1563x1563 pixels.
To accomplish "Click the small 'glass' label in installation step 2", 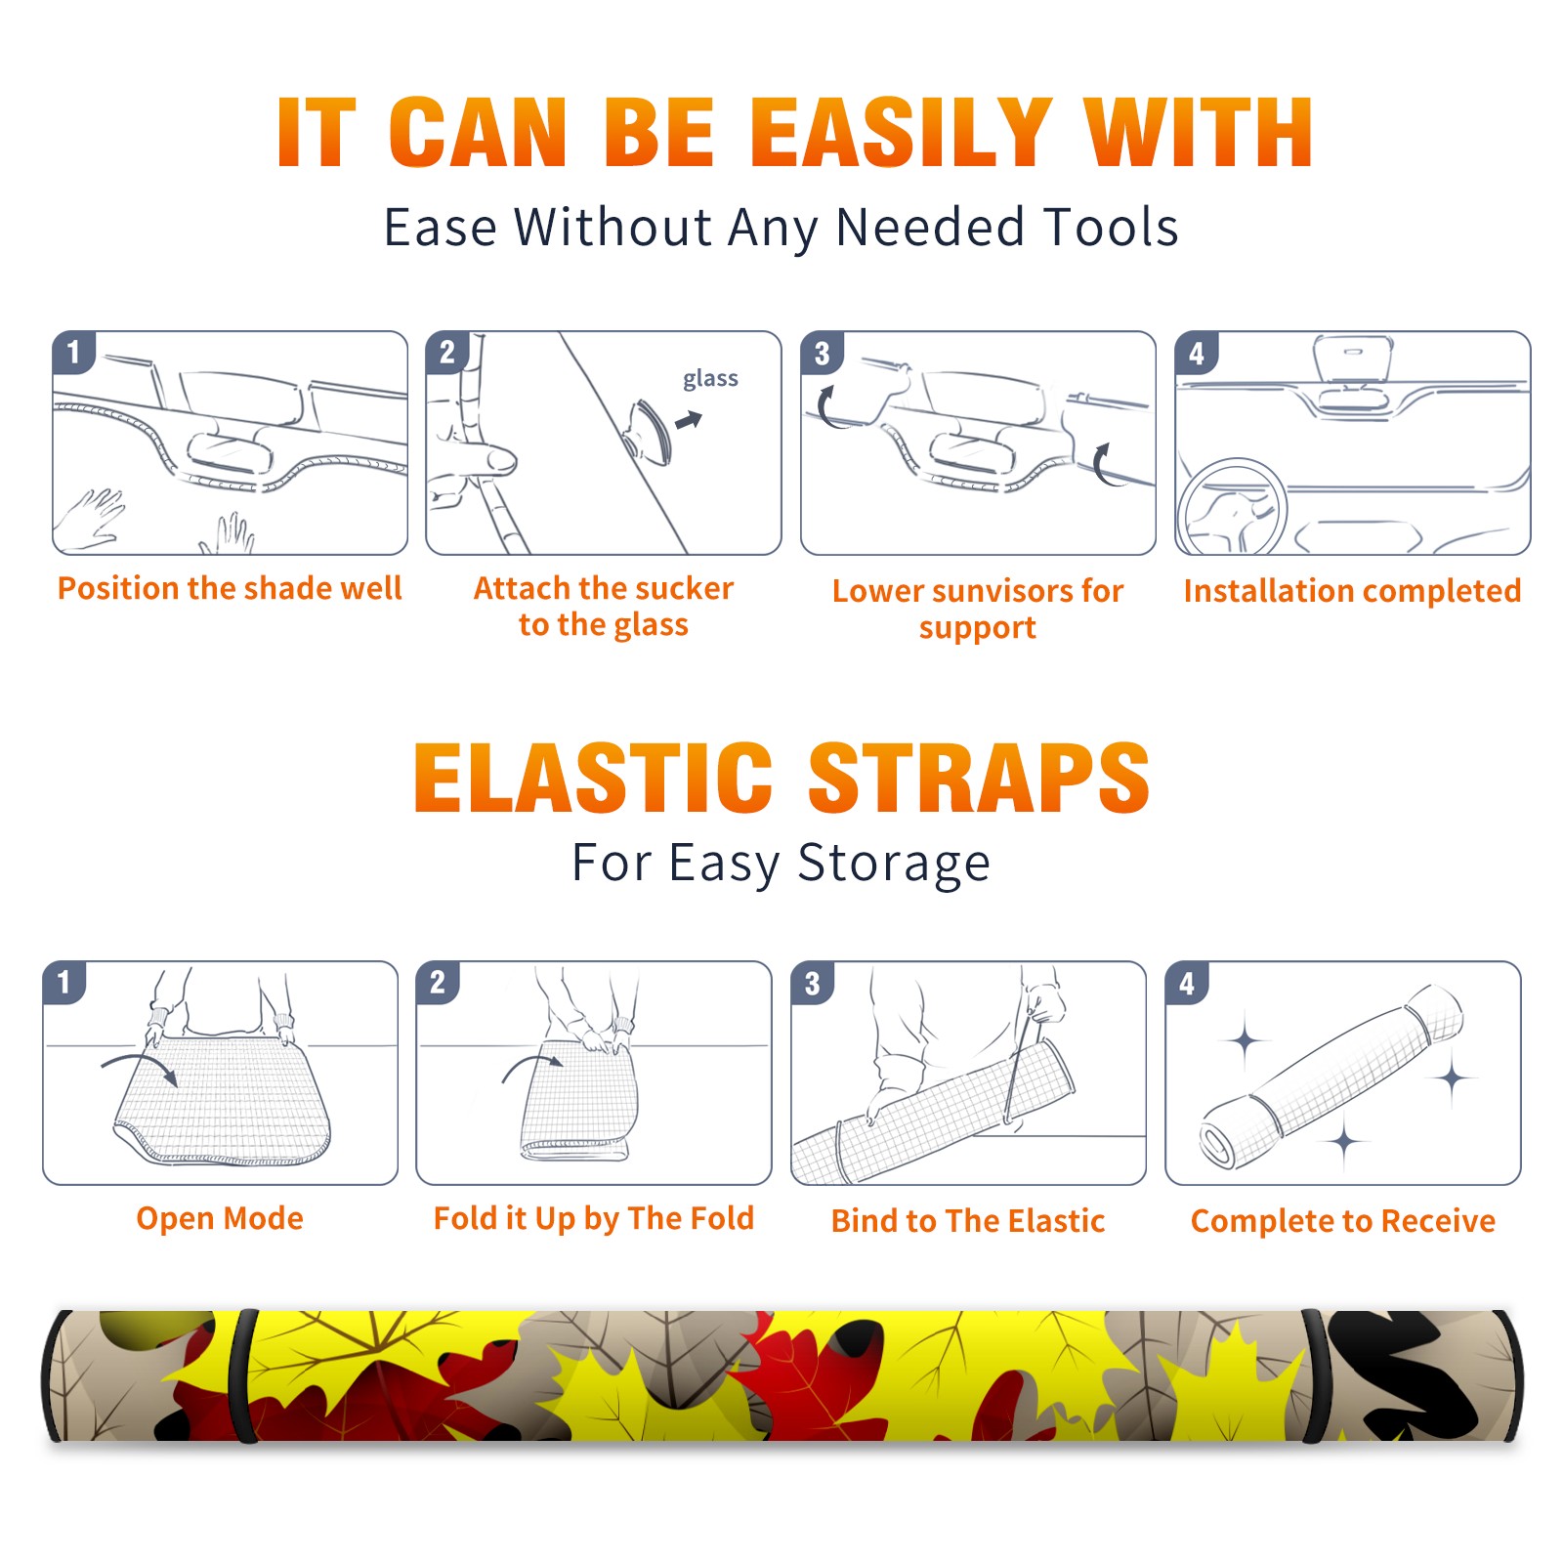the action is click(710, 379).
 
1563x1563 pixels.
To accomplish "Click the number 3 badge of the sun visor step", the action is click(822, 353).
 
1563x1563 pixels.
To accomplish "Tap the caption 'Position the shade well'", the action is click(230, 588).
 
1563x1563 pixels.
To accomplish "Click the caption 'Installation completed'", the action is click(1352, 591).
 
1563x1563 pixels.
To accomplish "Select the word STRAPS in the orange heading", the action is click(979, 778).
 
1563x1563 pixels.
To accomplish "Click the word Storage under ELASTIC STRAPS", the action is click(894, 864).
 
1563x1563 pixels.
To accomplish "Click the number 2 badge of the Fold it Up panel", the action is click(438, 982).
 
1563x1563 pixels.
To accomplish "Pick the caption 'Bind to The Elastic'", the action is click(968, 1221).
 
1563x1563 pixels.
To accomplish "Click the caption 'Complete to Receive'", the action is click(1343, 1221).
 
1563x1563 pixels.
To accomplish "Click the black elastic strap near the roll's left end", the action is click(242, 1375).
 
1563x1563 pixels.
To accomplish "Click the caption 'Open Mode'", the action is click(220, 1218).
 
